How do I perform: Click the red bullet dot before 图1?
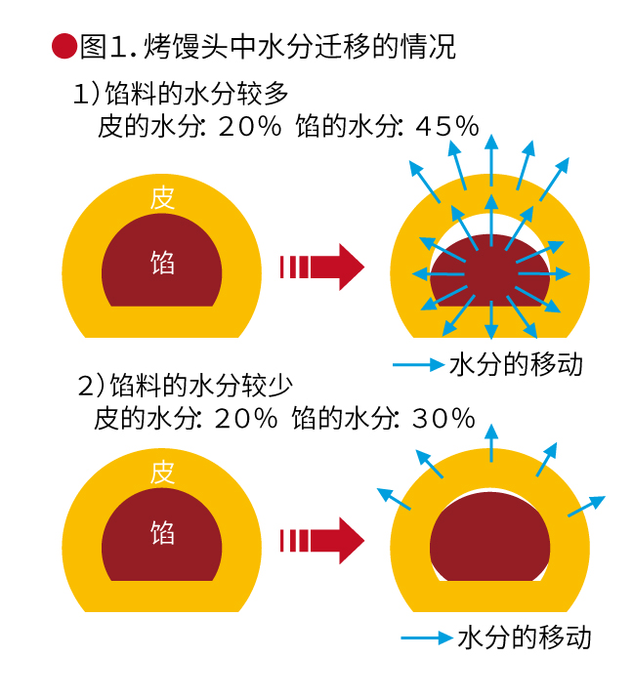coord(63,46)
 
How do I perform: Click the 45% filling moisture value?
coord(446,126)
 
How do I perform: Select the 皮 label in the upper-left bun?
coord(163,198)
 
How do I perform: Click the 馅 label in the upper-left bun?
coord(162,262)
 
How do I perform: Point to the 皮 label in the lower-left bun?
coord(163,473)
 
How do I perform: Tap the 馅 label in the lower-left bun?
coord(162,533)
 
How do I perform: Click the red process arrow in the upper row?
coord(322,266)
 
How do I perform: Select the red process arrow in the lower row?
coord(322,540)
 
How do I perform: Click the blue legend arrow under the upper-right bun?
coord(418,365)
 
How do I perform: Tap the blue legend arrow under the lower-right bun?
coord(426,638)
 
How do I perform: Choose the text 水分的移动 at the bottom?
coord(525,637)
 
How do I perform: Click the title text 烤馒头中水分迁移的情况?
coord(299,47)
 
